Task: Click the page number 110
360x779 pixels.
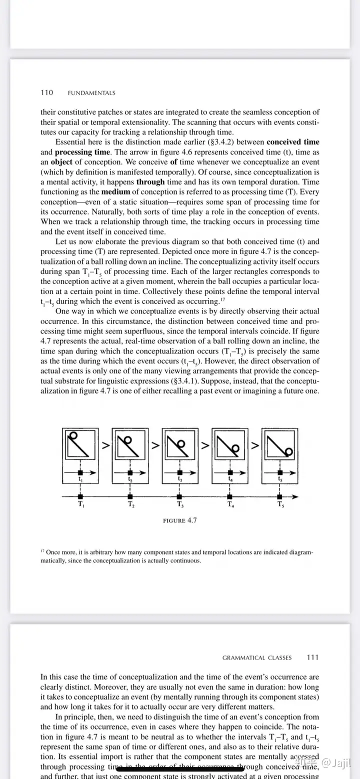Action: tap(46, 92)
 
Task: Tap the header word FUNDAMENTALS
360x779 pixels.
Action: tap(91, 93)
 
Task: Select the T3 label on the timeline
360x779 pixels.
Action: tap(180, 504)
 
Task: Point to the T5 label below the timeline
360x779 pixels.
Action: tap(280, 504)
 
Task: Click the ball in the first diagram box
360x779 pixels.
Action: tap(74, 435)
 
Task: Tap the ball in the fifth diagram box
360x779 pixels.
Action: tap(288, 451)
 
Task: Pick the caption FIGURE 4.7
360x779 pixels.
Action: tap(180, 520)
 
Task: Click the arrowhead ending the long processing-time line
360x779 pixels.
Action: tap(296, 496)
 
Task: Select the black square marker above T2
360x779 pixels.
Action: tap(130, 496)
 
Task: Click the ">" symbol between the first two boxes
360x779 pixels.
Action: tap(105, 444)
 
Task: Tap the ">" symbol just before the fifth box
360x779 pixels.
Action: tap(255, 444)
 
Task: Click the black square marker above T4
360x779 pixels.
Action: tap(230, 496)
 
